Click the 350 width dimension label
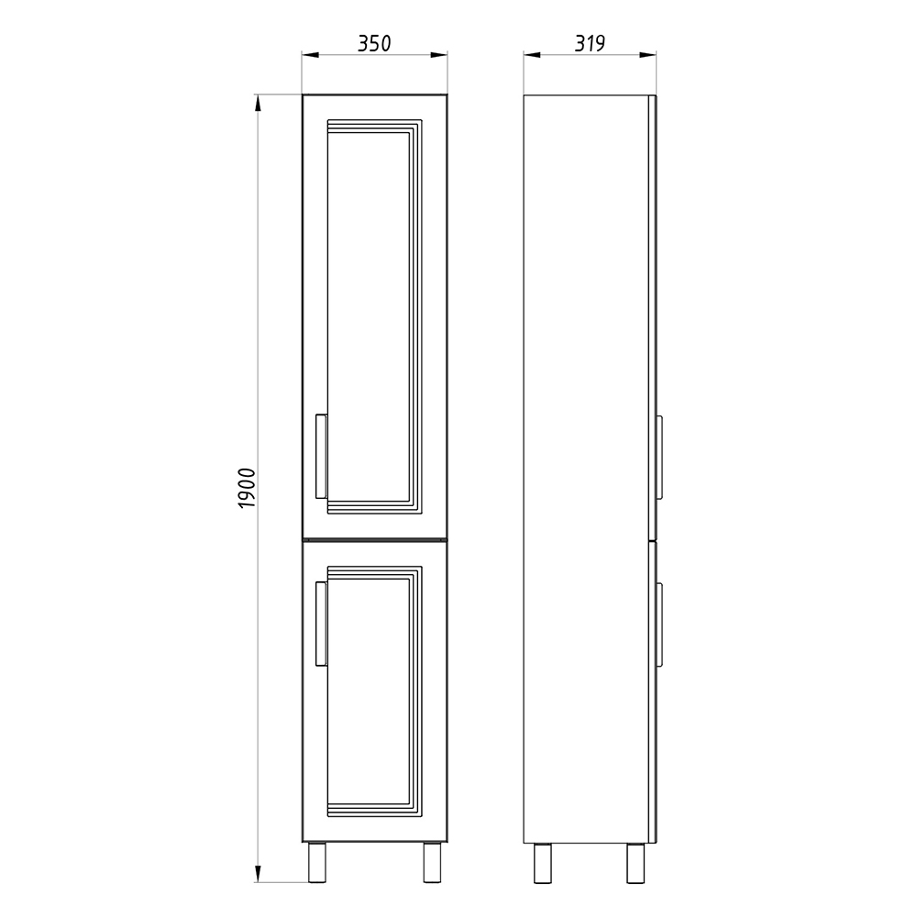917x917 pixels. pyautogui.click(x=374, y=43)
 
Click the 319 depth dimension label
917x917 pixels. pyautogui.click(x=590, y=43)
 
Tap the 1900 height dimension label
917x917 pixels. pyautogui.click(x=248, y=489)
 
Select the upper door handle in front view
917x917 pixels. pyautogui.click(x=321, y=457)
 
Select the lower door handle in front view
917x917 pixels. pyautogui.click(x=321, y=624)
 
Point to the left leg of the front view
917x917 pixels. pyautogui.click(x=317, y=863)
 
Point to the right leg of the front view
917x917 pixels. pyautogui.click(x=433, y=863)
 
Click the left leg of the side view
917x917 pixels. pyautogui.click(x=543, y=863)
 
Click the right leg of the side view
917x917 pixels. pyautogui.click(x=635, y=863)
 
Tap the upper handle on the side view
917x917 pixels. pyautogui.click(x=659, y=457)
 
